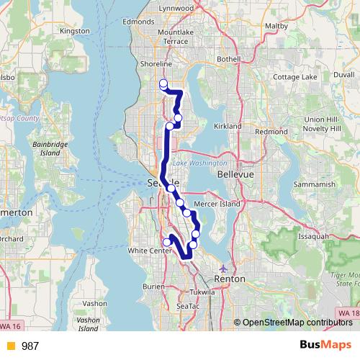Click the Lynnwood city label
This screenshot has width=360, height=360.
[175, 8]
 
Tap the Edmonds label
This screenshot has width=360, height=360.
[138, 22]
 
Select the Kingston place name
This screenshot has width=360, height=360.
[75, 31]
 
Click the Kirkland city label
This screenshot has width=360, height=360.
[228, 125]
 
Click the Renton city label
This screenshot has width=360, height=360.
[230, 278]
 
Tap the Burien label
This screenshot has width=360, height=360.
[154, 286]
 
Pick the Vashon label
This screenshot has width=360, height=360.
[95, 303]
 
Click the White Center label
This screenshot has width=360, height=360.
[147, 251]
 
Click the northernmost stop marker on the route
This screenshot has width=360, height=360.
[163, 84]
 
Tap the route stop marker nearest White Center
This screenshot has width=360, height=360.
[167, 242]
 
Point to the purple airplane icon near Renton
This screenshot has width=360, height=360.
[229, 264]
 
